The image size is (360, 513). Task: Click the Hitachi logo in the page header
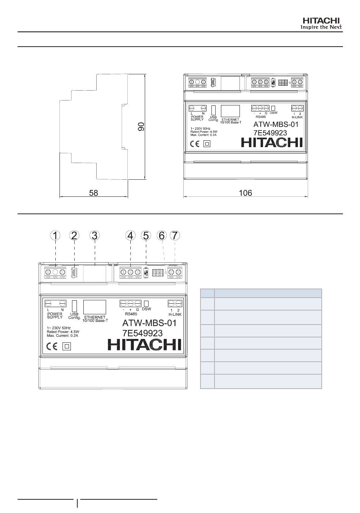pyautogui.click(x=321, y=24)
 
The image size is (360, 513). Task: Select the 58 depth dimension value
pyautogui.click(x=93, y=193)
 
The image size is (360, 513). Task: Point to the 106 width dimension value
pyautogui.click(x=245, y=193)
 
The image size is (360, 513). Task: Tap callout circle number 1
pyautogui.click(x=55, y=235)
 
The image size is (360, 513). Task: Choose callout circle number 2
pyautogui.click(x=74, y=235)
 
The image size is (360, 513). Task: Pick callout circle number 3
pyautogui.click(x=94, y=235)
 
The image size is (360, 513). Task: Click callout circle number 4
pyautogui.click(x=130, y=235)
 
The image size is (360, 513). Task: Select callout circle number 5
pyautogui.click(x=146, y=235)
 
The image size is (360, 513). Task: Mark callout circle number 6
pyautogui.click(x=161, y=235)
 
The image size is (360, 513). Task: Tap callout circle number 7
pyautogui.click(x=175, y=235)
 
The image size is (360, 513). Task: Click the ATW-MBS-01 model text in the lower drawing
pyautogui.click(x=149, y=323)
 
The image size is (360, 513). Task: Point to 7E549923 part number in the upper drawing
pyautogui.click(x=270, y=133)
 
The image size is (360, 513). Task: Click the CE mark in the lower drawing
pyautogui.click(x=52, y=346)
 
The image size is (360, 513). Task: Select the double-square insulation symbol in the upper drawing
pyautogui.click(x=207, y=144)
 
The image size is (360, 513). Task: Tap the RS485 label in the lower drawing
pyautogui.click(x=131, y=314)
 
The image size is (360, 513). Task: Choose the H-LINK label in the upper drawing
pyautogui.click(x=297, y=117)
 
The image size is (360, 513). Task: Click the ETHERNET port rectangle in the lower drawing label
pyautogui.click(x=94, y=307)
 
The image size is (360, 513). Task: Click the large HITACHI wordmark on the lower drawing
pyautogui.click(x=144, y=345)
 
